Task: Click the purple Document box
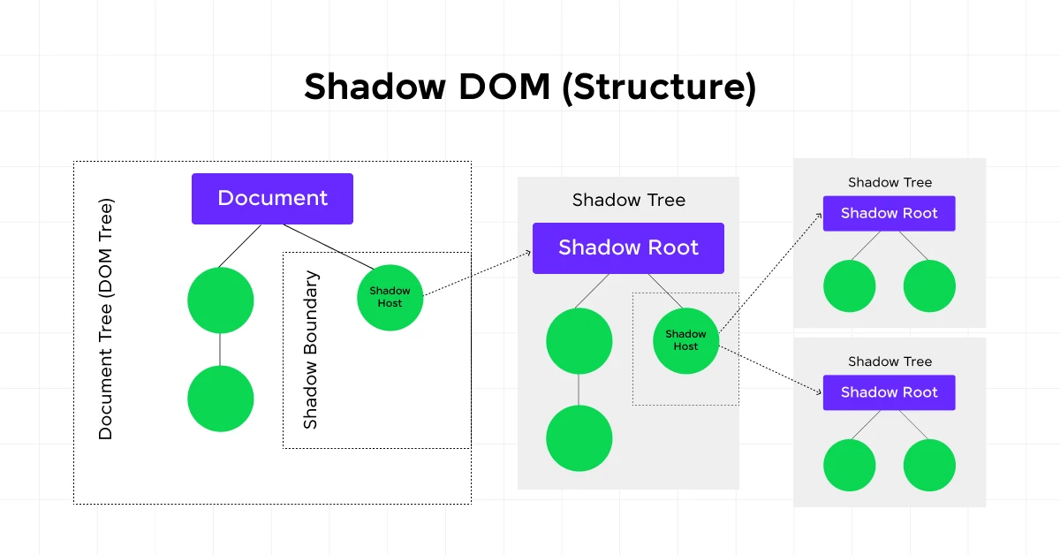[272, 199]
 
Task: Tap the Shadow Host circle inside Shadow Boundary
[390, 298]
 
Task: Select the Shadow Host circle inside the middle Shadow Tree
[685, 340]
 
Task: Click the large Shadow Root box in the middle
[628, 247]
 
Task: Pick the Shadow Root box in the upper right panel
[889, 214]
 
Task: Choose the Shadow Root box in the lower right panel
[889, 392]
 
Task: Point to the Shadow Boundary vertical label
[311, 350]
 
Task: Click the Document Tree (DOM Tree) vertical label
[106, 319]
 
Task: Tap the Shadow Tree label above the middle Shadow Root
[628, 200]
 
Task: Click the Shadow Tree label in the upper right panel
[890, 183]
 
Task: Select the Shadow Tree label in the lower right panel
[890, 361]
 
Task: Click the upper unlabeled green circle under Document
[221, 300]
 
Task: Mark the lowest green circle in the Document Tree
[221, 399]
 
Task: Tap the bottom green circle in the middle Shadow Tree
[579, 438]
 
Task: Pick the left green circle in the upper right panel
[849, 286]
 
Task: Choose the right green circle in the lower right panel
[929, 465]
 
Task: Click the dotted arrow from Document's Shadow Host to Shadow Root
[477, 271]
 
